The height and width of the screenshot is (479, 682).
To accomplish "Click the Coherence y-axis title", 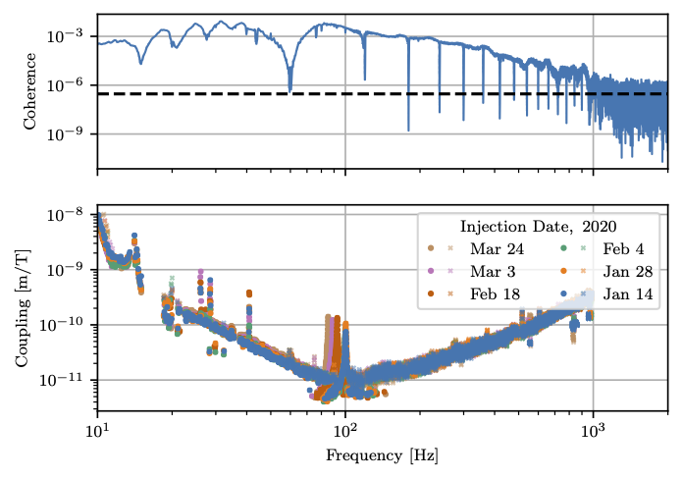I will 29,90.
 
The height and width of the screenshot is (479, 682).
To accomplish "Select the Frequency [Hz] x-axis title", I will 383,456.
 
